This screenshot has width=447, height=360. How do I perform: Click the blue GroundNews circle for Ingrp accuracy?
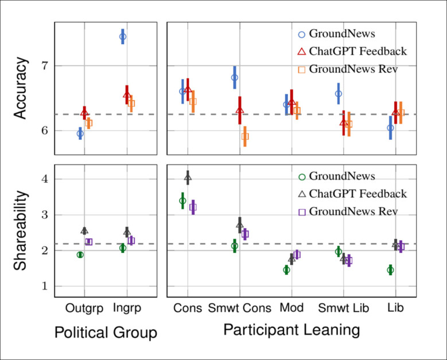123,37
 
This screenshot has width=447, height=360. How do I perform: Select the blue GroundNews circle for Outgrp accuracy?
80,133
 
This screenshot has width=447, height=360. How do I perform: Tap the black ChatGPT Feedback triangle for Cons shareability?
188,178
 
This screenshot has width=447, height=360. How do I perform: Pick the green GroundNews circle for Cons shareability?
182,201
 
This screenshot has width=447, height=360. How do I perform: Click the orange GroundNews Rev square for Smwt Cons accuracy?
245,136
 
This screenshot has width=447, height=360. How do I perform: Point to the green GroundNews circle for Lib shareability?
390,270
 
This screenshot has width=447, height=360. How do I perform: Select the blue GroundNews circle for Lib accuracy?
390,128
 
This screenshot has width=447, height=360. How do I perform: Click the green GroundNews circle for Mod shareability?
286,270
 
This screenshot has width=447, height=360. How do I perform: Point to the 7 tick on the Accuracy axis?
45,66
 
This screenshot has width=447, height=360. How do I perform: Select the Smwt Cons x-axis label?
239,308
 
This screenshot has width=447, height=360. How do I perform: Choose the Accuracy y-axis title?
21,89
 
